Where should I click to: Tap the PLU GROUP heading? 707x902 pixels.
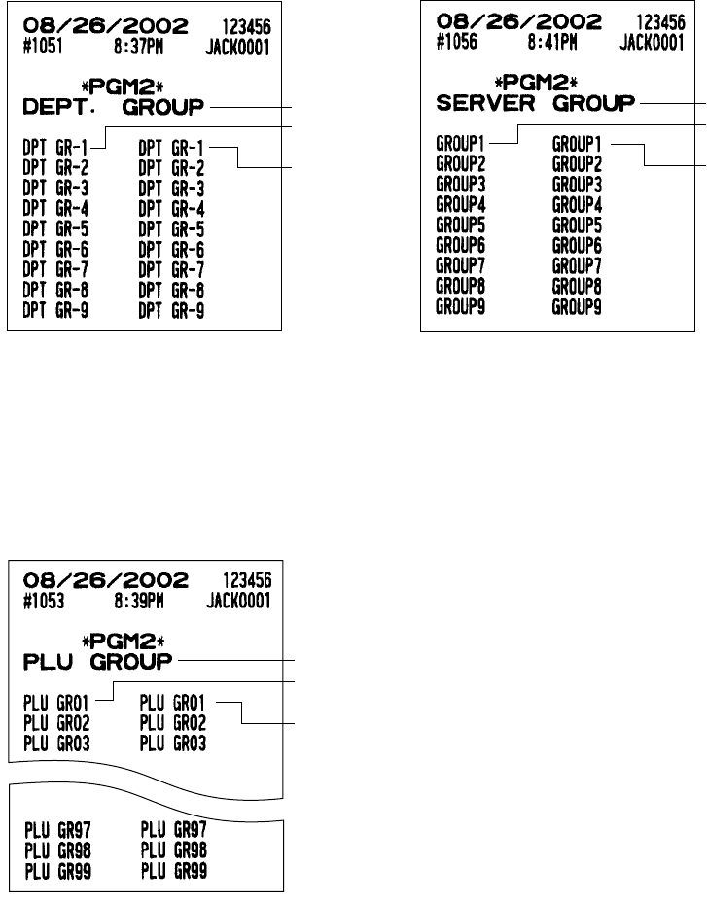point(96,661)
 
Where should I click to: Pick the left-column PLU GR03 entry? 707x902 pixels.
point(54,744)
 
